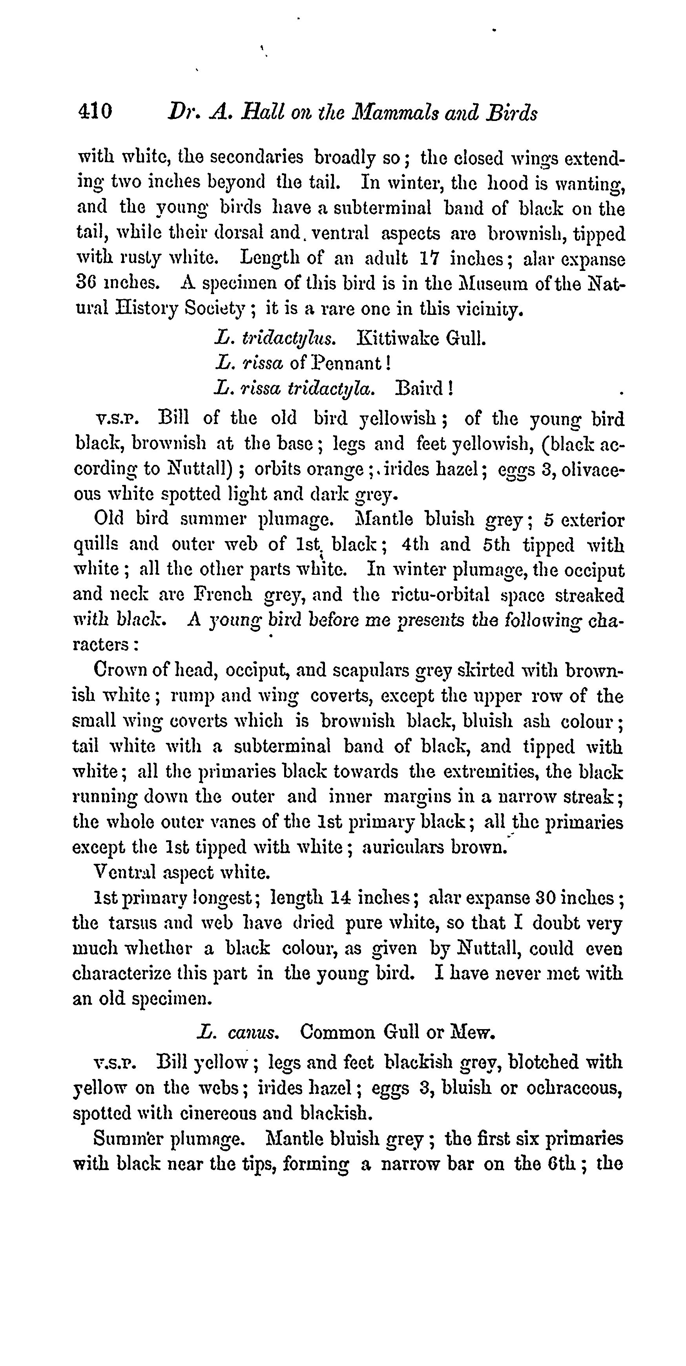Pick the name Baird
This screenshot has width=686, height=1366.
[x=423, y=389]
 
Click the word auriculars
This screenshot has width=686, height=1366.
[x=402, y=847]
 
